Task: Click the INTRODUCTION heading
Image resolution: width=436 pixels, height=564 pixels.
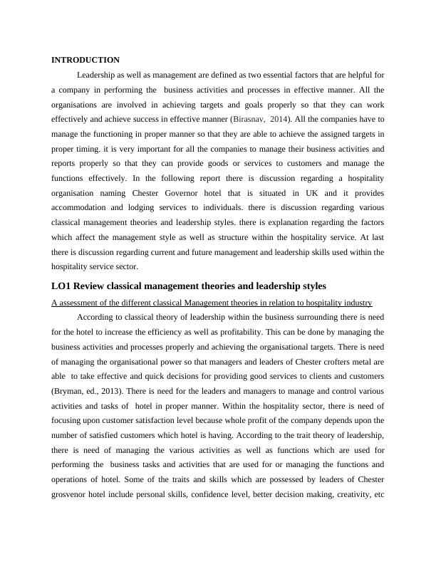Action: [85, 60]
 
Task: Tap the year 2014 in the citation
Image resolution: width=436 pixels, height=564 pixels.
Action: [302, 118]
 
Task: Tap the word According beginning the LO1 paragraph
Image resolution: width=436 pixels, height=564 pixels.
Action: [98, 317]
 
